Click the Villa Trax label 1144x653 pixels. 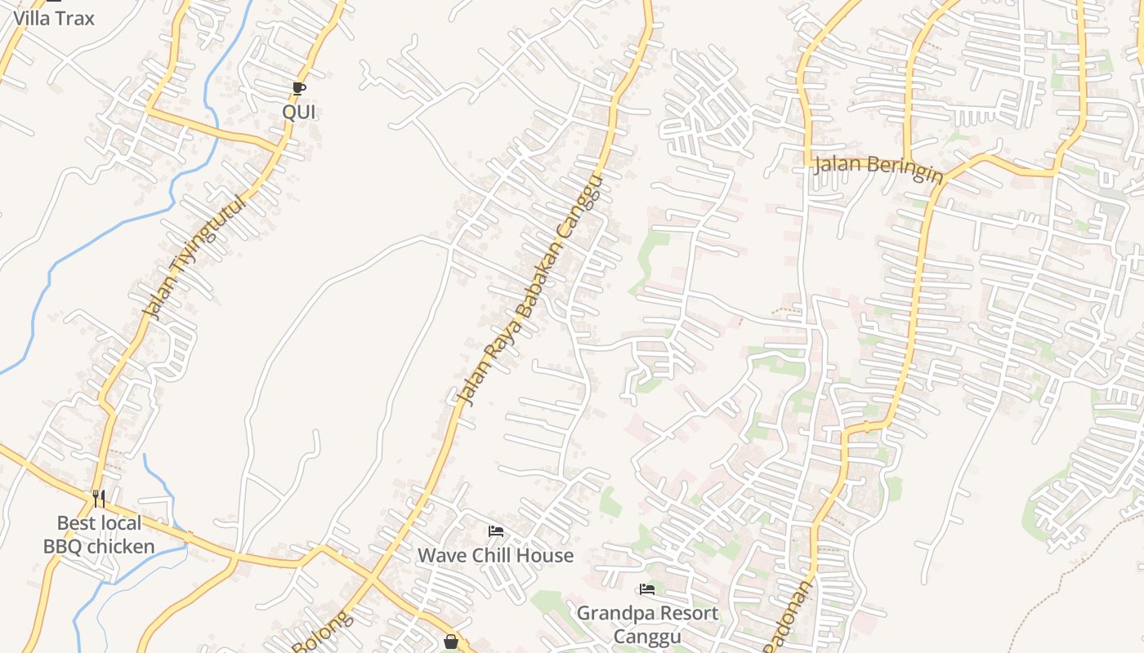click(54, 18)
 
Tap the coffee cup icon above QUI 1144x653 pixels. click(299, 88)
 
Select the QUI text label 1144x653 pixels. click(299, 113)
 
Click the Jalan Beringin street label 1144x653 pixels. click(878, 170)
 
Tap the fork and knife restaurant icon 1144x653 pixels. click(99, 498)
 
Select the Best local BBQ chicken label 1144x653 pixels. click(99, 535)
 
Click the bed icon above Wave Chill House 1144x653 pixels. click(495, 531)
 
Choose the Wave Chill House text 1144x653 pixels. click(495, 556)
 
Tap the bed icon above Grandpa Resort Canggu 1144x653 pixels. click(647, 589)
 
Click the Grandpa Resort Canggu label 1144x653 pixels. click(647, 624)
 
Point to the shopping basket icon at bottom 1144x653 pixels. click(450, 642)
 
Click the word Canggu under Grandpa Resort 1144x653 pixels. click(647, 636)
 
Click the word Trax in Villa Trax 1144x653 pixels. click(76, 18)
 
